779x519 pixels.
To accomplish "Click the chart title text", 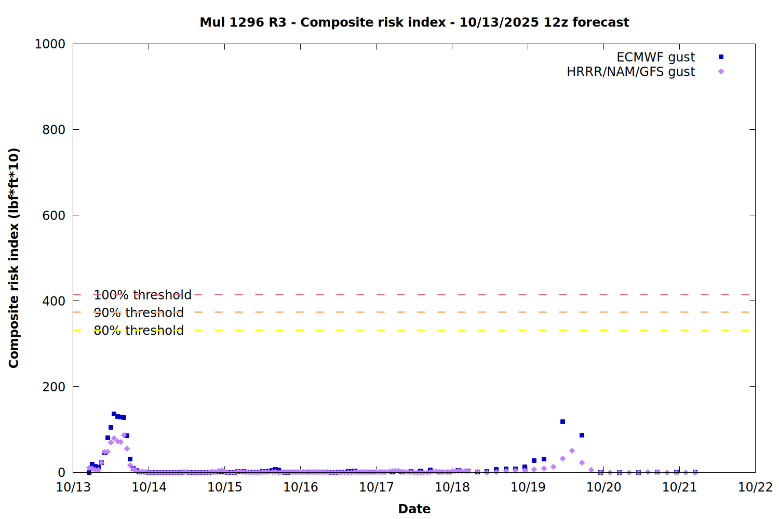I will [x=414, y=22].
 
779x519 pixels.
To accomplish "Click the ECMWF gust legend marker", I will [x=721, y=57].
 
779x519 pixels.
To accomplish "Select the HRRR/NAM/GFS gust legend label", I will [x=630, y=72].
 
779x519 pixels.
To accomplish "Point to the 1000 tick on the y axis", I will [x=50, y=44].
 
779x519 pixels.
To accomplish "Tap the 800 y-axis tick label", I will [x=53, y=130].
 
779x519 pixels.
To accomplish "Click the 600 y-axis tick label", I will [x=53, y=215].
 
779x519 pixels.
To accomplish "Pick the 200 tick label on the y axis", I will [x=53, y=387].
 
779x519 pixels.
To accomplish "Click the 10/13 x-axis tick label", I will [x=73, y=487].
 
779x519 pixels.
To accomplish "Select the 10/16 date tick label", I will [x=301, y=487].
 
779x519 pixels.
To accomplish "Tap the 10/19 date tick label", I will [x=528, y=487].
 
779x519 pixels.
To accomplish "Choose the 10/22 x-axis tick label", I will [x=755, y=487].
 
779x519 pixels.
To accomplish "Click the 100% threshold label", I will [x=142, y=295].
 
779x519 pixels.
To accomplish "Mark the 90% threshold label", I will [x=139, y=312].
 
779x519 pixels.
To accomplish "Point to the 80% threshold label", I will [x=139, y=330].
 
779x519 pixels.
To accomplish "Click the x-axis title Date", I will [x=414, y=509].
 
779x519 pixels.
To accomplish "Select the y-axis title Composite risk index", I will [x=14, y=258].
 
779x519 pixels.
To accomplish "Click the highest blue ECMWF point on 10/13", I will [x=114, y=414].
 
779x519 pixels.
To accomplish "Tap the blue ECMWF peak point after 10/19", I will [x=562, y=422].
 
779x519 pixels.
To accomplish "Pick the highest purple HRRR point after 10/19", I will [x=572, y=451].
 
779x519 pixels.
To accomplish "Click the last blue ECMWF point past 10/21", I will [x=695, y=472].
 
